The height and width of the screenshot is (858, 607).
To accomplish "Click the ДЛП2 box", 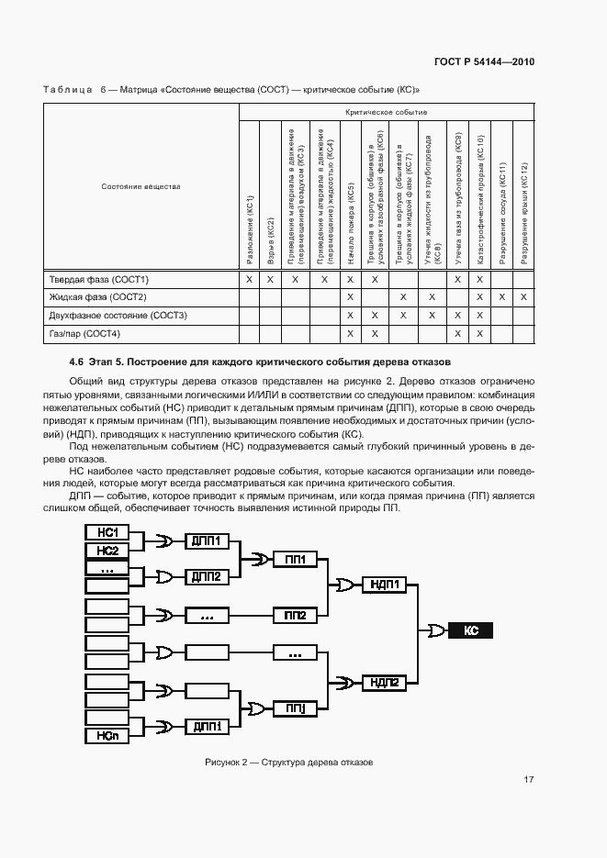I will point(207,576).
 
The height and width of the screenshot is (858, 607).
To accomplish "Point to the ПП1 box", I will point(295,559).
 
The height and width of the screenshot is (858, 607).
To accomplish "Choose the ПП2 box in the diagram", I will point(295,615).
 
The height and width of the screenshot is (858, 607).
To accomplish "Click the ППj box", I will point(295,708).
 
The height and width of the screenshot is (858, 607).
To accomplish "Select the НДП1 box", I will point(386,583).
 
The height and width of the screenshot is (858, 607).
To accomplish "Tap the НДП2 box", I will point(386,682).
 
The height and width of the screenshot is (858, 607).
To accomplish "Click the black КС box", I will point(471,630).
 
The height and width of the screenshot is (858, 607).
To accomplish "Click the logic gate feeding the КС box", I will point(433,630).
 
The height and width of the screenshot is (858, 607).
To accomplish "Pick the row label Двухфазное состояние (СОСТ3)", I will point(118,316).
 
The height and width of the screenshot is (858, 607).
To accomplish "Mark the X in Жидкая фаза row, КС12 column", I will point(523,297).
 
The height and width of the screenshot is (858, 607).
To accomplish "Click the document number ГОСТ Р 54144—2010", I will point(484,61).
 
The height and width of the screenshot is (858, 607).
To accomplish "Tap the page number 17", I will point(528,780).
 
